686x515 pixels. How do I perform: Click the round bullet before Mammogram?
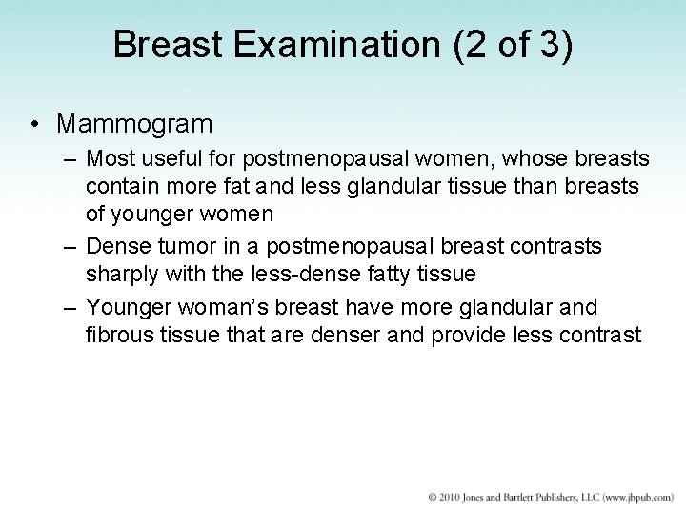tap(34, 124)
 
